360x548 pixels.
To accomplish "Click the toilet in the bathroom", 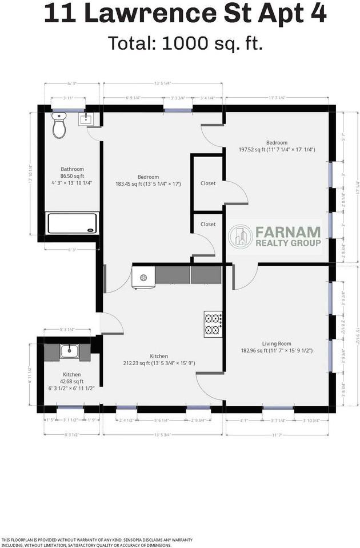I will coord(59,126).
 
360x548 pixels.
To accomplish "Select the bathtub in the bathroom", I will coord(73,223).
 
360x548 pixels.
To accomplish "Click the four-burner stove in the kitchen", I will coord(213,323).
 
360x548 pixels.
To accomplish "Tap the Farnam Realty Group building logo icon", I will coord(241,237).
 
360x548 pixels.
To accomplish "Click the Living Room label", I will coord(277,343).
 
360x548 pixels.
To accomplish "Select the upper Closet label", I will coord(208,183).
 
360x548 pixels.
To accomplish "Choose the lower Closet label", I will coord(208,224).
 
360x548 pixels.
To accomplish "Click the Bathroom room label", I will coord(73,169).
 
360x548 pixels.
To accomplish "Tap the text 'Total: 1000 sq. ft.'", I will coord(185,43).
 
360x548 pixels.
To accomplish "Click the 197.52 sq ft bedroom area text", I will coord(277,150).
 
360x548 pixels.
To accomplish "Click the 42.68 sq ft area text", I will coord(72,382).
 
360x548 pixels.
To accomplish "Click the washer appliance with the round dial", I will coord(143,277).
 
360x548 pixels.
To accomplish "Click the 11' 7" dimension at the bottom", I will coord(278,435).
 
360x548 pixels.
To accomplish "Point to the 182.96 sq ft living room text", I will coord(277,351).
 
